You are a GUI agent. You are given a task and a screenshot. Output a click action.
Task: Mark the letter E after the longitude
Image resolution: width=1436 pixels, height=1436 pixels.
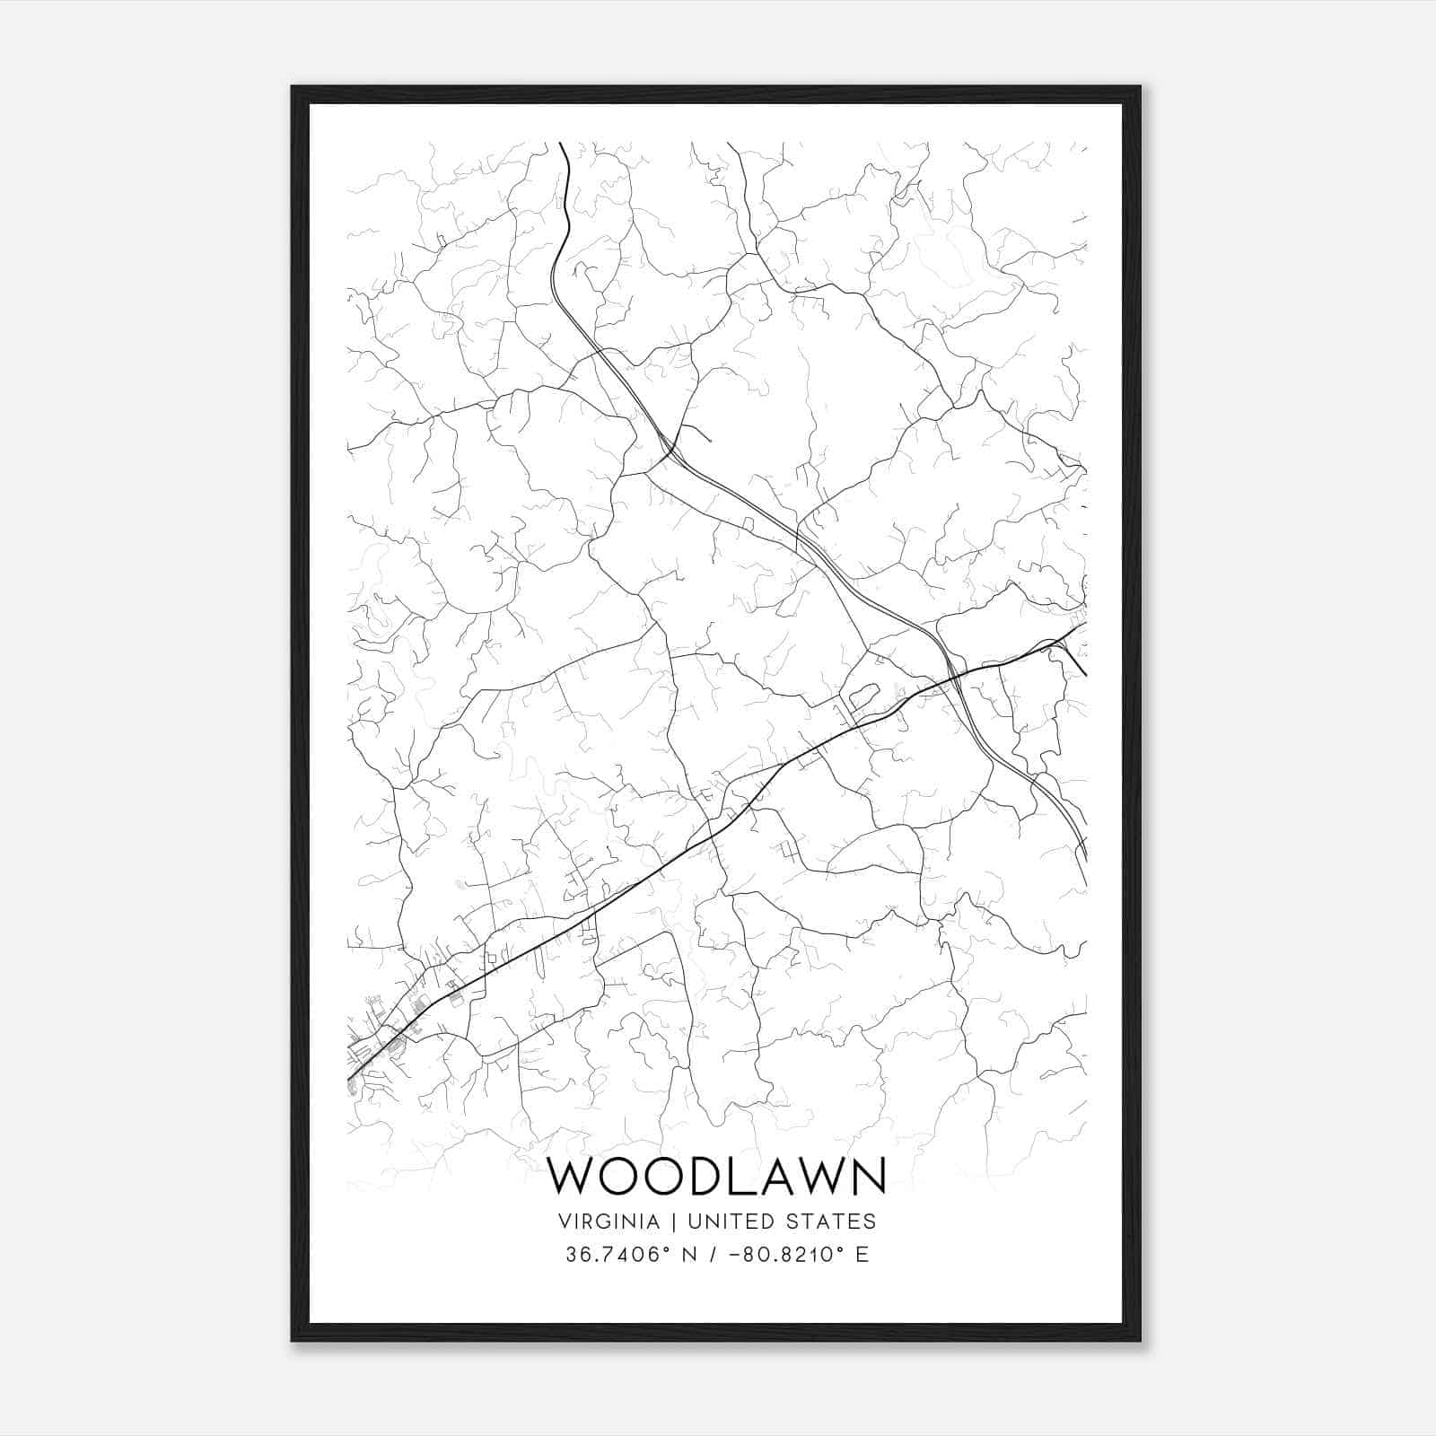click(x=862, y=1255)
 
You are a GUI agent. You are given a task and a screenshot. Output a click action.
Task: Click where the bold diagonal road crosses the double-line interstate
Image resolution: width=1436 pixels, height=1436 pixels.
click(x=953, y=671)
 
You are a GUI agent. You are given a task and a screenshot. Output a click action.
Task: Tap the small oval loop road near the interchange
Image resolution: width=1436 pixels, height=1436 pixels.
click(x=862, y=695)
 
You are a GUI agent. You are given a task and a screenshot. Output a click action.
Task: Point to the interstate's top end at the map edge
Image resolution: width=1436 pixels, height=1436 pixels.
click(x=561, y=144)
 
